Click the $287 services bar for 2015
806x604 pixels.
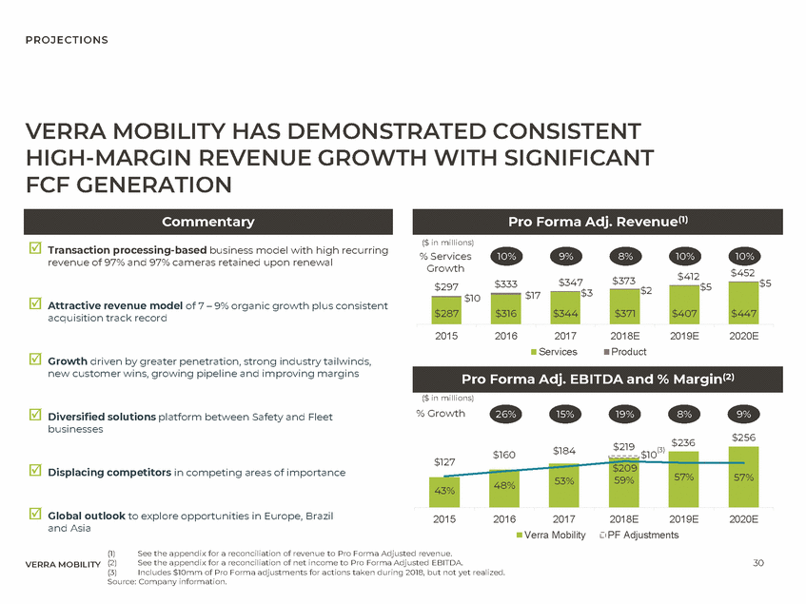pos(445,313)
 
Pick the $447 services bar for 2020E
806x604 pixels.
pos(744,312)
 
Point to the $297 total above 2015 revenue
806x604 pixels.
pos(445,287)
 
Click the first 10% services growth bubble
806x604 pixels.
pos(506,257)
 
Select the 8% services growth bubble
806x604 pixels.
pos(625,257)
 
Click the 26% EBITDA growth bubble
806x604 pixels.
pos(506,414)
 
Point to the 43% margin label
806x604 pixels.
pos(443,491)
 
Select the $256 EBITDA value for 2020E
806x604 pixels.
pos(744,437)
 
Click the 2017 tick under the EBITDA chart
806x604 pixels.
pos(565,519)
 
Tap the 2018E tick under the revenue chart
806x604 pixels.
pos(624,337)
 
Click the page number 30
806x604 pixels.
pos(758,562)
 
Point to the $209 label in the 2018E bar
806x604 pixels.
pos(624,468)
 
